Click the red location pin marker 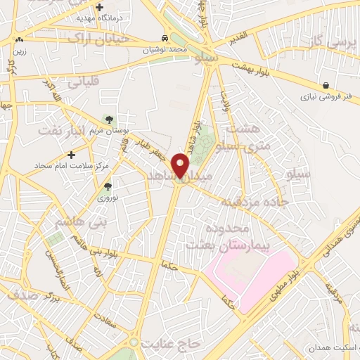tap(181, 165)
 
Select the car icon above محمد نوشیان tap(164, 39)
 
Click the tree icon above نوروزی tap(108, 186)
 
